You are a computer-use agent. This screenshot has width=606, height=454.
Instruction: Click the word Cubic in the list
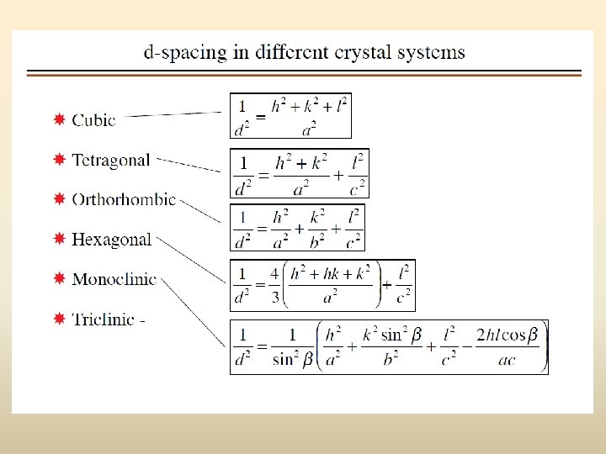(93, 119)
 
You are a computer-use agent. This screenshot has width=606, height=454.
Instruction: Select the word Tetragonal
(111, 160)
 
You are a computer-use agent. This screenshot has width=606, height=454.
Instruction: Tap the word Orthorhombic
(124, 199)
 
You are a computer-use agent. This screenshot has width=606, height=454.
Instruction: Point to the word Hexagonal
(112, 240)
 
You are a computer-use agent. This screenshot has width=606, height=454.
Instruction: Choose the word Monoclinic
(114, 279)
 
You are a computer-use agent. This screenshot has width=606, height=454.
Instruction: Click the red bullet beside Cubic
(59, 119)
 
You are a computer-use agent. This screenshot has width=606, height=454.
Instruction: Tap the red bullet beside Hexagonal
(59, 240)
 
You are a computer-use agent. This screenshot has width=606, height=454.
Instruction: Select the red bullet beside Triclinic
(59, 319)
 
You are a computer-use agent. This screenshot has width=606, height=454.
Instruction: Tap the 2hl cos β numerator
(507, 335)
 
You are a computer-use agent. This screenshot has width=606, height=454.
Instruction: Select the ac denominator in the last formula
(506, 361)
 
